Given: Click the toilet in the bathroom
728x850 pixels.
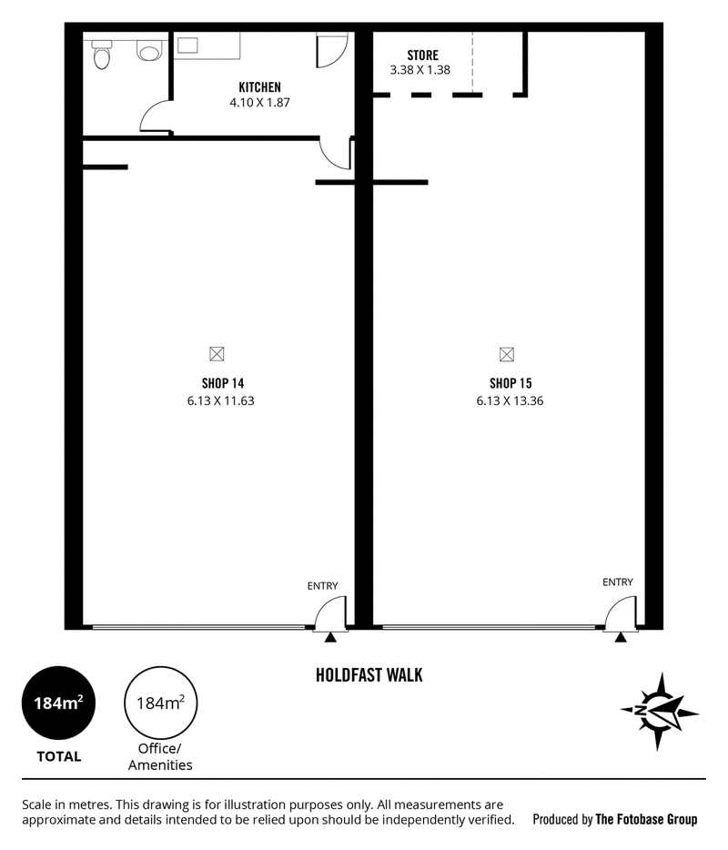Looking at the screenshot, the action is coord(102,55).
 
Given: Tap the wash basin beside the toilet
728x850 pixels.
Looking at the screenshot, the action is coord(149,50).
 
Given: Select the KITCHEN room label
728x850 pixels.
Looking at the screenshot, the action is coord(259,87).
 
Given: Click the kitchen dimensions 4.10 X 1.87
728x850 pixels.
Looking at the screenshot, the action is coord(259,103).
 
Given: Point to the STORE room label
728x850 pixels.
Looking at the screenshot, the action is coord(423,56).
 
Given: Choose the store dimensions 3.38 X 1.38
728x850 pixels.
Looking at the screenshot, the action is coord(420,70).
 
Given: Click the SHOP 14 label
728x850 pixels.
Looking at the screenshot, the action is coord(223,384).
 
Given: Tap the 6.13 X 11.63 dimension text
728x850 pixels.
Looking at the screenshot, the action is coord(220,401).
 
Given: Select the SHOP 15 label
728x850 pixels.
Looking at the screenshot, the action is coord(511,384).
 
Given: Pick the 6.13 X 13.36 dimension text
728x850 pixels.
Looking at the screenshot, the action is coord(510,401).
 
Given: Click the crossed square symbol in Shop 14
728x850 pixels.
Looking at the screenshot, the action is coord(217,354).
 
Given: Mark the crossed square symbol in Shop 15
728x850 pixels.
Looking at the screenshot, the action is coord(507,355).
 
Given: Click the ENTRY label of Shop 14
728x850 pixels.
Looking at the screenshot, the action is coord(322,586).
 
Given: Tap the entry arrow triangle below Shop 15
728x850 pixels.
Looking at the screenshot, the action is coord(621,638).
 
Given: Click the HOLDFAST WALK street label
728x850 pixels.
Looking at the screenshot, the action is coord(369,675).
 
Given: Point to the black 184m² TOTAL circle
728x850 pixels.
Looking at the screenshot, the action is coord(58,703).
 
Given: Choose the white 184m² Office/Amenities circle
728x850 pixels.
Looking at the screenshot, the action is coord(160,703).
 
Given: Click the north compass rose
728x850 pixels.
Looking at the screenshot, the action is coord(659,712).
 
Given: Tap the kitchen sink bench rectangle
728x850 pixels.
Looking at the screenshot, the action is coord(207,46).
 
